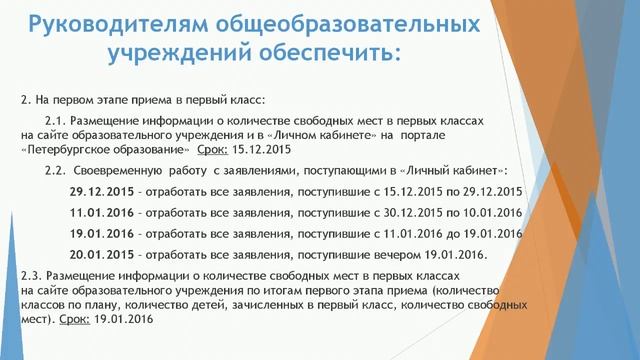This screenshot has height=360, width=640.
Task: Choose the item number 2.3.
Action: pyautogui.click(x=34, y=273)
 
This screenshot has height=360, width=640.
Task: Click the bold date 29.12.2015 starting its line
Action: pyautogui.click(x=100, y=191)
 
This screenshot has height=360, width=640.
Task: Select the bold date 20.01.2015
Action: pyautogui.click(x=100, y=254)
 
